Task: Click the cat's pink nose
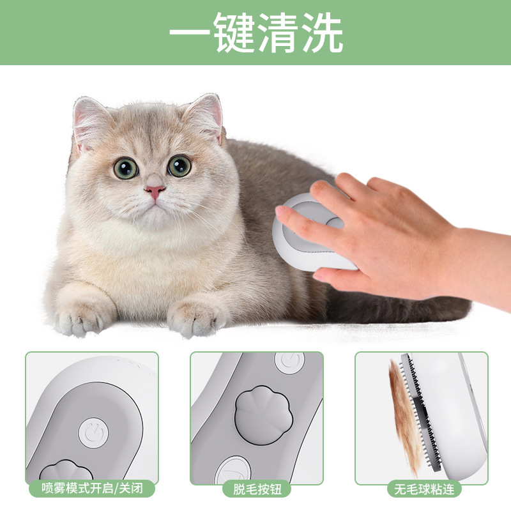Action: click(x=155, y=191)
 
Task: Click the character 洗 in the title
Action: click(x=323, y=33)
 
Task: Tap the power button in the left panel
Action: click(x=93, y=433)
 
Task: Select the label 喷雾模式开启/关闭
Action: click(x=92, y=489)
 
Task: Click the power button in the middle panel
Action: click(x=289, y=362)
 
